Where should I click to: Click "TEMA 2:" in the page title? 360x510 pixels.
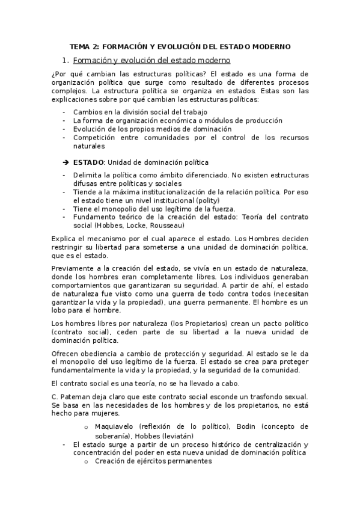85,46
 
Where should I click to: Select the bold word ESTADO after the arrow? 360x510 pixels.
88,162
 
